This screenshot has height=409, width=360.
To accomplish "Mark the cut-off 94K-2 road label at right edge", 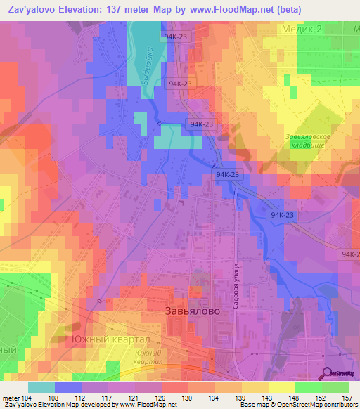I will [350, 254].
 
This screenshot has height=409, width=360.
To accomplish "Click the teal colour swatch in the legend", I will [41, 387].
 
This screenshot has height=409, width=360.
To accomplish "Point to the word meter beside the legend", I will [10, 398].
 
